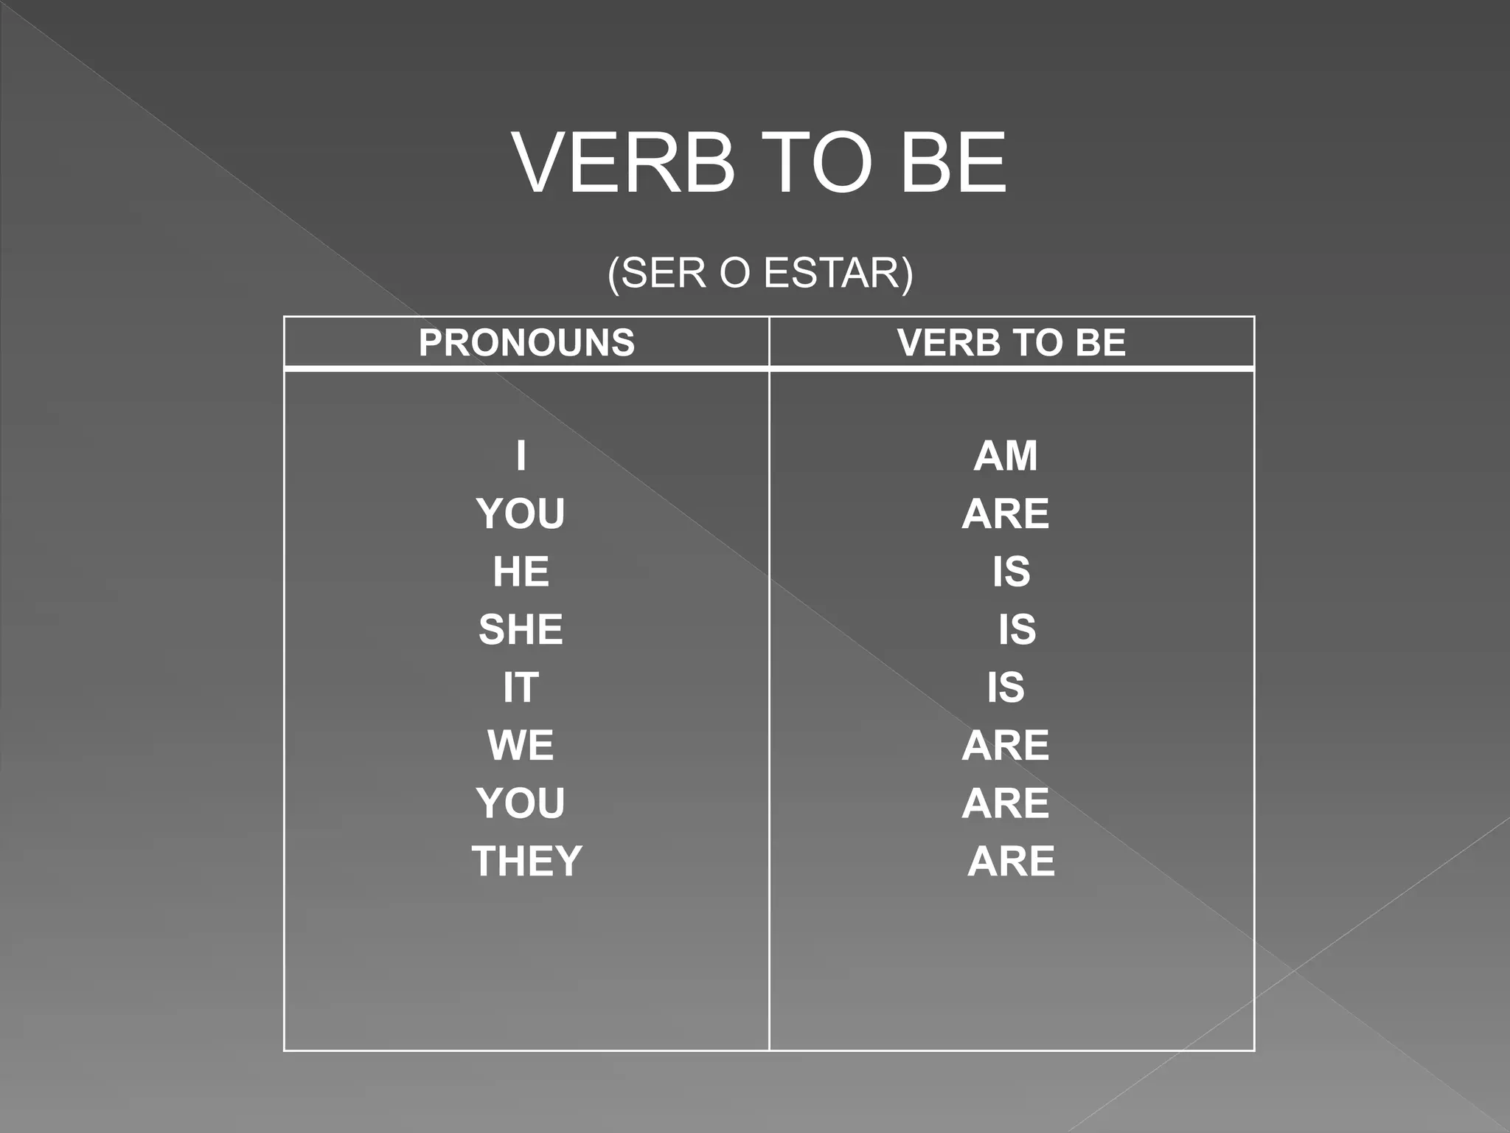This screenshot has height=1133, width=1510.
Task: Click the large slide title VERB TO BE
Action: pyautogui.click(x=759, y=163)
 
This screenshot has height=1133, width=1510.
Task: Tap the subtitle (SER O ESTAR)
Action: pyautogui.click(x=760, y=273)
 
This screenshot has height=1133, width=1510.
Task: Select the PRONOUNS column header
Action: pyautogui.click(x=526, y=342)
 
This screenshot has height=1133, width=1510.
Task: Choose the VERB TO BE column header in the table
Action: pyautogui.click(x=1011, y=342)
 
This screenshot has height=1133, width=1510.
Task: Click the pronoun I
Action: pyautogui.click(x=521, y=455)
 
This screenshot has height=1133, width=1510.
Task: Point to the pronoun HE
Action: pyautogui.click(x=521, y=572)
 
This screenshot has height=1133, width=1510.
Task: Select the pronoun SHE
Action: pyautogui.click(x=521, y=629)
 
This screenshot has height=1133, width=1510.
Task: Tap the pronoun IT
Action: pyautogui.click(x=521, y=687)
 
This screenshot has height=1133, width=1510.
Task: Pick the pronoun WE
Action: pyautogui.click(x=521, y=745)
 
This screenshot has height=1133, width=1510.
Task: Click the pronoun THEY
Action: pyautogui.click(x=526, y=861)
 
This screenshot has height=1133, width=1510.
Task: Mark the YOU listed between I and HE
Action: pyautogui.click(x=521, y=513)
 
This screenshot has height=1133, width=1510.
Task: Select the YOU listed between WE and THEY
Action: pyautogui.click(x=521, y=803)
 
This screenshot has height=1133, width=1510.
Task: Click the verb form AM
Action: pyautogui.click(x=1005, y=455)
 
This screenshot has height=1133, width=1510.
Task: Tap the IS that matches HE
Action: pyautogui.click(x=1011, y=572)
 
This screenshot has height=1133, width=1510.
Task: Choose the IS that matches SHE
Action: pyautogui.click(x=1017, y=629)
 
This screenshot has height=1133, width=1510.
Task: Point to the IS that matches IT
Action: pyautogui.click(x=1006, y=687)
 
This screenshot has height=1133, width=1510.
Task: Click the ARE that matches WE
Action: pyautogui.click(x=1005, y=745)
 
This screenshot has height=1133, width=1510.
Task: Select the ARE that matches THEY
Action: pyautogui.click(x=1011, y=861)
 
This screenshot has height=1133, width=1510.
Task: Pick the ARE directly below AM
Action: pyautogui.click(x=1005, y=513)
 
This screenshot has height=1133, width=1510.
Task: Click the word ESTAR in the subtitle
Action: pyautogui.click(x=832, y=273)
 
